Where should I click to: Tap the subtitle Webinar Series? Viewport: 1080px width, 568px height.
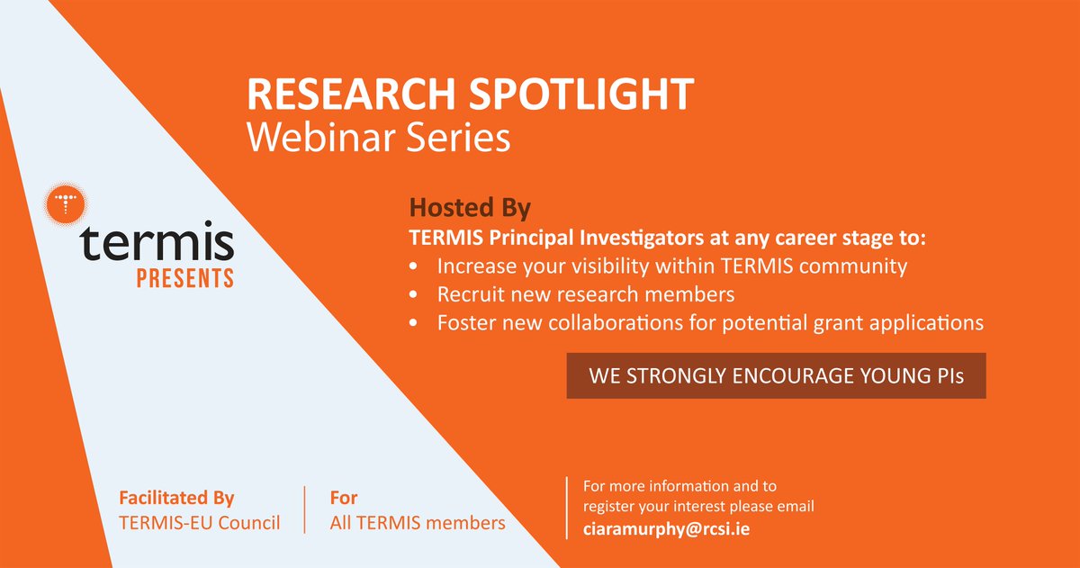point(379,139)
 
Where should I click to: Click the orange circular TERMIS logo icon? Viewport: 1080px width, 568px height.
point(65,204)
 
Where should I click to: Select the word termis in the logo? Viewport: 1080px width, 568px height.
point(157,244)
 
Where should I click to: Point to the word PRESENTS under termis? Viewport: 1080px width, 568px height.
point(184,276)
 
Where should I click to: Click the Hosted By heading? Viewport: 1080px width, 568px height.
point(470,209)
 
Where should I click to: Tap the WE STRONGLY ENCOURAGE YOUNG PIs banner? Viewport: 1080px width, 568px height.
point(776,376)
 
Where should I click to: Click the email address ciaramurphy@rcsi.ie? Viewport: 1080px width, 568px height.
point(667,528)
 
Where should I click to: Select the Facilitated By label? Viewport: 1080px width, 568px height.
point(176,498)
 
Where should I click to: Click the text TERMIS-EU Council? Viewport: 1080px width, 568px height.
point(199,522)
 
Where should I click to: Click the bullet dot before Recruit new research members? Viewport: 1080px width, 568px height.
point(413,294)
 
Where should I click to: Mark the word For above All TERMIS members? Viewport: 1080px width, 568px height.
point(344,498)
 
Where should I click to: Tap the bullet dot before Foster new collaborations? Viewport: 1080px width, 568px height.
point(413,321)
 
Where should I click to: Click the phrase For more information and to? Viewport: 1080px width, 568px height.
point(679,486)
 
